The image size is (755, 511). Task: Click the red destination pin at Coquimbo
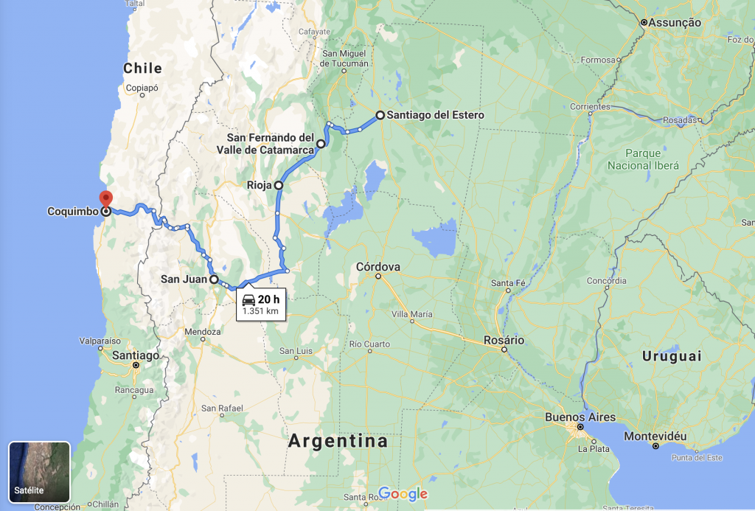tap(105, 198)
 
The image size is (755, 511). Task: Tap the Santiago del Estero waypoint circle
tap(380, 115)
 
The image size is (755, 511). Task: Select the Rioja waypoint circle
tap(279, 186)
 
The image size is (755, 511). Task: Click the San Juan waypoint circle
tap(214, 279)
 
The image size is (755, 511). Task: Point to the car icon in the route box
tap(248, 299)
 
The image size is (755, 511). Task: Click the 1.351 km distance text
tap(260, 311)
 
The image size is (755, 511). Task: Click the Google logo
tap(403, 493)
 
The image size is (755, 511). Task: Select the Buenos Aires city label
tap(580, 417)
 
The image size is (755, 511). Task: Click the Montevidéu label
tap(655, 437)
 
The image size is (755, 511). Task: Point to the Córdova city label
tap(377, 266)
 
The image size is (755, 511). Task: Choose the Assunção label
tap(675, 23)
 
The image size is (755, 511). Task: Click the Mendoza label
tap(202, 332)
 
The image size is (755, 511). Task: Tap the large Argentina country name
tap(338, 442)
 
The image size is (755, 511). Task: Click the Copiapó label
tap(142, 87)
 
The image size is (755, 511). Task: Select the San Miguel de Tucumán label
tap(344, 58)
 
